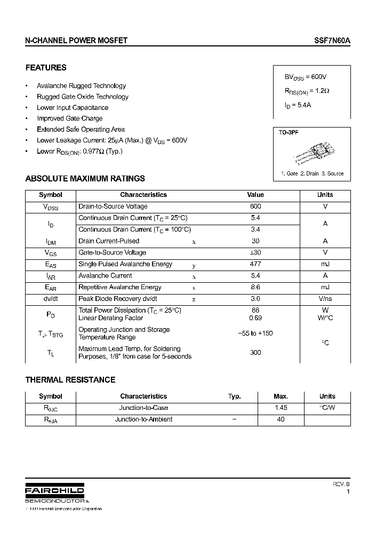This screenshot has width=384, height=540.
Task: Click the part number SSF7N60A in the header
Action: click(332, 41)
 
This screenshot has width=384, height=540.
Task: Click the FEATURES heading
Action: click(46, 68)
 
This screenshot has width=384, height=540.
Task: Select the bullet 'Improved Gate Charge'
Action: click(69, 118)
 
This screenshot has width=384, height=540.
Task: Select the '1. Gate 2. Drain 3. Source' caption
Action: click(312, 173)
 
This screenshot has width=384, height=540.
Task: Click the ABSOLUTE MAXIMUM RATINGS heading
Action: click(85, 179)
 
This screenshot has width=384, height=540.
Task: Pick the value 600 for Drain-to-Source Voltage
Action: click(255, 207)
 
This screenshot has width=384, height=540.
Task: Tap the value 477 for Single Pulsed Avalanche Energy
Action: click(255, 264)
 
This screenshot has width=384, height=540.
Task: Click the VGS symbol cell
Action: click(50, 253)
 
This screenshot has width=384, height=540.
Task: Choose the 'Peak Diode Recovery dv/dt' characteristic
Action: click(117, 299)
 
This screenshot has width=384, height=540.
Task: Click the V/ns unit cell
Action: click(325, 299)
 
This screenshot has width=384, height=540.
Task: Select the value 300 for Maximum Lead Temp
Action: click(255, 353)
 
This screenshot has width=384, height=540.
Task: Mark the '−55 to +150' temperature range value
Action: click(255, 333)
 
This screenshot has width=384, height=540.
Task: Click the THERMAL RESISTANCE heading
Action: click(70, 380)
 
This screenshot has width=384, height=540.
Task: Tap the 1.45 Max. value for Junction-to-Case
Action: click(281, 408)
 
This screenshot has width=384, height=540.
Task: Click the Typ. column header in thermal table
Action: click(234, 396)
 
